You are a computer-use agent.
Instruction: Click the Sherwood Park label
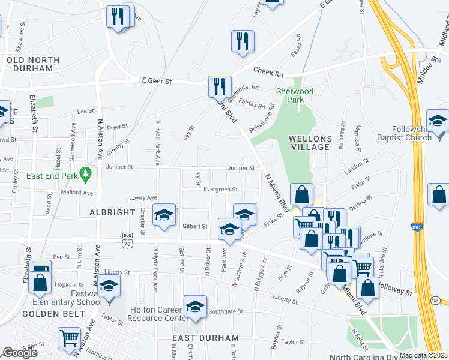[295, 96]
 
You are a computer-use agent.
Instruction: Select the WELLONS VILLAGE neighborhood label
[309, 142]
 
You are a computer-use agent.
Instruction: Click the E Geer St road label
[157, 81]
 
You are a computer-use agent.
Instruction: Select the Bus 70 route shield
[127, 240]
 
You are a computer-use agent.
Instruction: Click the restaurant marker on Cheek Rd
[243, 41]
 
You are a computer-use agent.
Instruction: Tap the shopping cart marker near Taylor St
[70, 338]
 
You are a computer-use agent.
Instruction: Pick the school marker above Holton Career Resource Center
[195, 306]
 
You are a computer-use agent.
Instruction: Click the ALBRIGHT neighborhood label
[112, 212]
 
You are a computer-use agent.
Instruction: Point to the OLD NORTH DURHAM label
[33, 64]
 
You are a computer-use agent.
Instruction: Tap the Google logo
[20, 353]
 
